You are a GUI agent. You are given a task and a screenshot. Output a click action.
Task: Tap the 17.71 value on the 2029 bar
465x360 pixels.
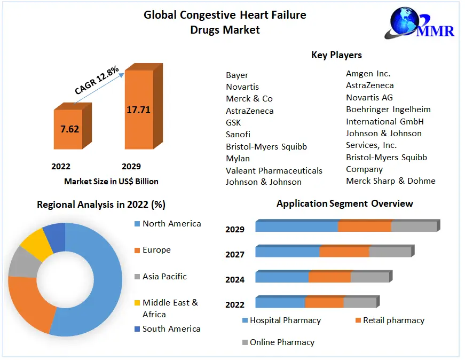pyautogui.click(x=138, y=110)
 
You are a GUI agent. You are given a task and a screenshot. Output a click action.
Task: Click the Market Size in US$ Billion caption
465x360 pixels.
pyautogui.click(x=111, y=182)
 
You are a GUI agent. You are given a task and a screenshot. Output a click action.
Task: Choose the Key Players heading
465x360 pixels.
pyautogui.click(x=336, y=55)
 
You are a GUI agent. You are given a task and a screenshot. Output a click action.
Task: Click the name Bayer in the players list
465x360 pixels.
pyautogui.click(x=237, y=75)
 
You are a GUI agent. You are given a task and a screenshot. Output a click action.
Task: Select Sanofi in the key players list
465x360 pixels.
pyautogui.click(x=238, y=134)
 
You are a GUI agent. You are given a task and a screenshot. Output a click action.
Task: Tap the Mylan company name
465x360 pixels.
pyautogui.click(x=238, y=158)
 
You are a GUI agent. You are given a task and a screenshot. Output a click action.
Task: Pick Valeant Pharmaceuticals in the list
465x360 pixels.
pyautogui.click(x=274, y=170)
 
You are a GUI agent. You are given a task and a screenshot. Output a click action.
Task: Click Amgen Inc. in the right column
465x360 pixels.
pyautogui.click(x=368, y=74)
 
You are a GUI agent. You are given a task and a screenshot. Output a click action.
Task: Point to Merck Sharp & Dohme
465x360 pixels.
pyautogui.click(x=390, y=181)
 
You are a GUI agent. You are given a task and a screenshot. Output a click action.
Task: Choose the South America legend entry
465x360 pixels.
pyautogui.click(x=171, y=329)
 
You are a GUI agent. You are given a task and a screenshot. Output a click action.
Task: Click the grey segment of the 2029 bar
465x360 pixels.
pyautogui.click(x=414, y=226)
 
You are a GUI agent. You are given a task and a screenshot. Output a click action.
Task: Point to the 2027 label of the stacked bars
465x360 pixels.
pyautogui.click(x=235, y=254)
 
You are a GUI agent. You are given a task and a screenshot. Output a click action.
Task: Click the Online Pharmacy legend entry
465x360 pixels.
pyautogui.click(x=282, y=342)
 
